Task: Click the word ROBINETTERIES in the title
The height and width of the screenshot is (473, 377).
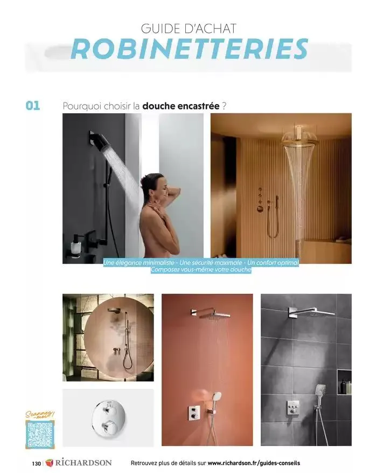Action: coord(190,49)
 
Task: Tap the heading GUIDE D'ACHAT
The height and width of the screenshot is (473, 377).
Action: coord(188,29)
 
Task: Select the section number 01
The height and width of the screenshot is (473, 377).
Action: coord(33,106)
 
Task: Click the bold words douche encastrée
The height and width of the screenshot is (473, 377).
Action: coord(180,106)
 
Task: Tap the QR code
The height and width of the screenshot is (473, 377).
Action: coord(40,435)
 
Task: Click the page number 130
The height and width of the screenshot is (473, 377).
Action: coord(36,463)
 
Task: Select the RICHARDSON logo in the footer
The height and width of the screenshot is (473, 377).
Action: coord(79,462)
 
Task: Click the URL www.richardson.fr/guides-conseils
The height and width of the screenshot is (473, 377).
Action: coord(254,463)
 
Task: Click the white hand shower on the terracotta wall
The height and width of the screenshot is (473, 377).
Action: coord(216,396)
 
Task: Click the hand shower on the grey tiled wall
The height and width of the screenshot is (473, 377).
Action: coord(320,390)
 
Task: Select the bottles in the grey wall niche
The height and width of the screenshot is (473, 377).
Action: coord(346,387)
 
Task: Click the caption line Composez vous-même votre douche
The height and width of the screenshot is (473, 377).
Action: coord(201,270)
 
